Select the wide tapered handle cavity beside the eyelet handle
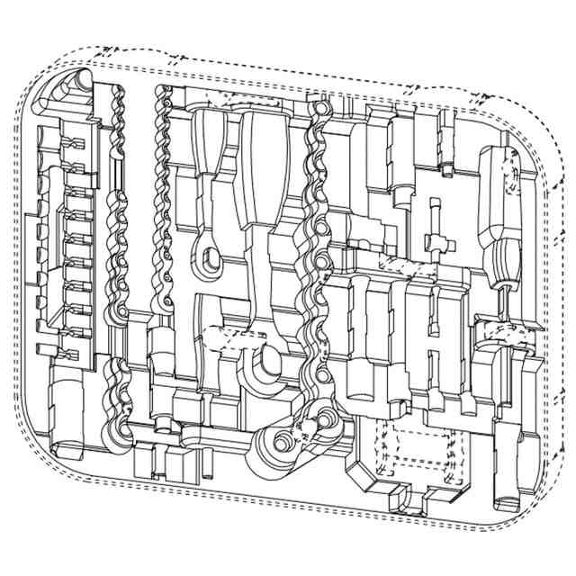pos(263,171)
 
